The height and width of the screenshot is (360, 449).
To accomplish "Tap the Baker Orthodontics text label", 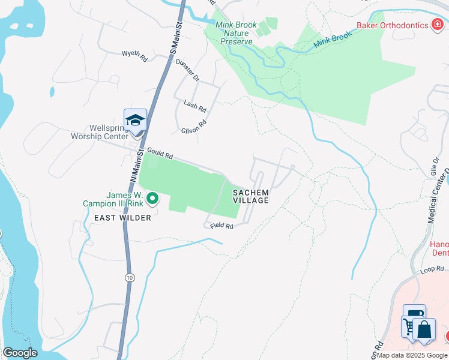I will click(391, 25).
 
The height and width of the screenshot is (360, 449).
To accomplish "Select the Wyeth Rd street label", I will click(134, 56).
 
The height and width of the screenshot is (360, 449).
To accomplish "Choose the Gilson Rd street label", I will click(194, 126).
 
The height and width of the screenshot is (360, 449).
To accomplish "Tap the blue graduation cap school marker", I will click(135, 119).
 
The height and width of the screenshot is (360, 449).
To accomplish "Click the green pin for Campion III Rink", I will click(152, 197).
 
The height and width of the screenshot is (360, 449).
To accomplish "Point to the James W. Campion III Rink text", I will click(115, 199).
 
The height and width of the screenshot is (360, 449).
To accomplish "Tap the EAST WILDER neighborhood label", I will click(122, 218).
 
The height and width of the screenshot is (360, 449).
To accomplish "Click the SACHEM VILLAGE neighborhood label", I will click(252, 196).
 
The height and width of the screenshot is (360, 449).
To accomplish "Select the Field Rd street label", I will click(221, 226).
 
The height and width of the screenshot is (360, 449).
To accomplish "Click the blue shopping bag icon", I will click(424, 331).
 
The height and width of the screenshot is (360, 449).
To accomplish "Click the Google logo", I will click(20, 353).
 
